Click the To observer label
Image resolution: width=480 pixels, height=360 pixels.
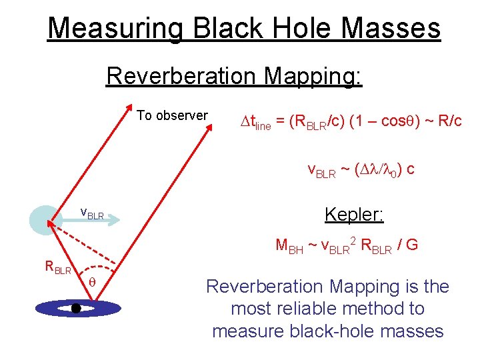point(173,115)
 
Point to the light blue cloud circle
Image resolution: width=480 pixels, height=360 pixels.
point(45,217)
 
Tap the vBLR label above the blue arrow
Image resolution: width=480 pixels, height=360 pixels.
point(92,213)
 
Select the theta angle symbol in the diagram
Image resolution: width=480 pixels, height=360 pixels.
point(93,282)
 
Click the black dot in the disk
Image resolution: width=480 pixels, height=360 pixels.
point(76,308)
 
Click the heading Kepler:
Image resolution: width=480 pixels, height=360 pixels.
point(354,215)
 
